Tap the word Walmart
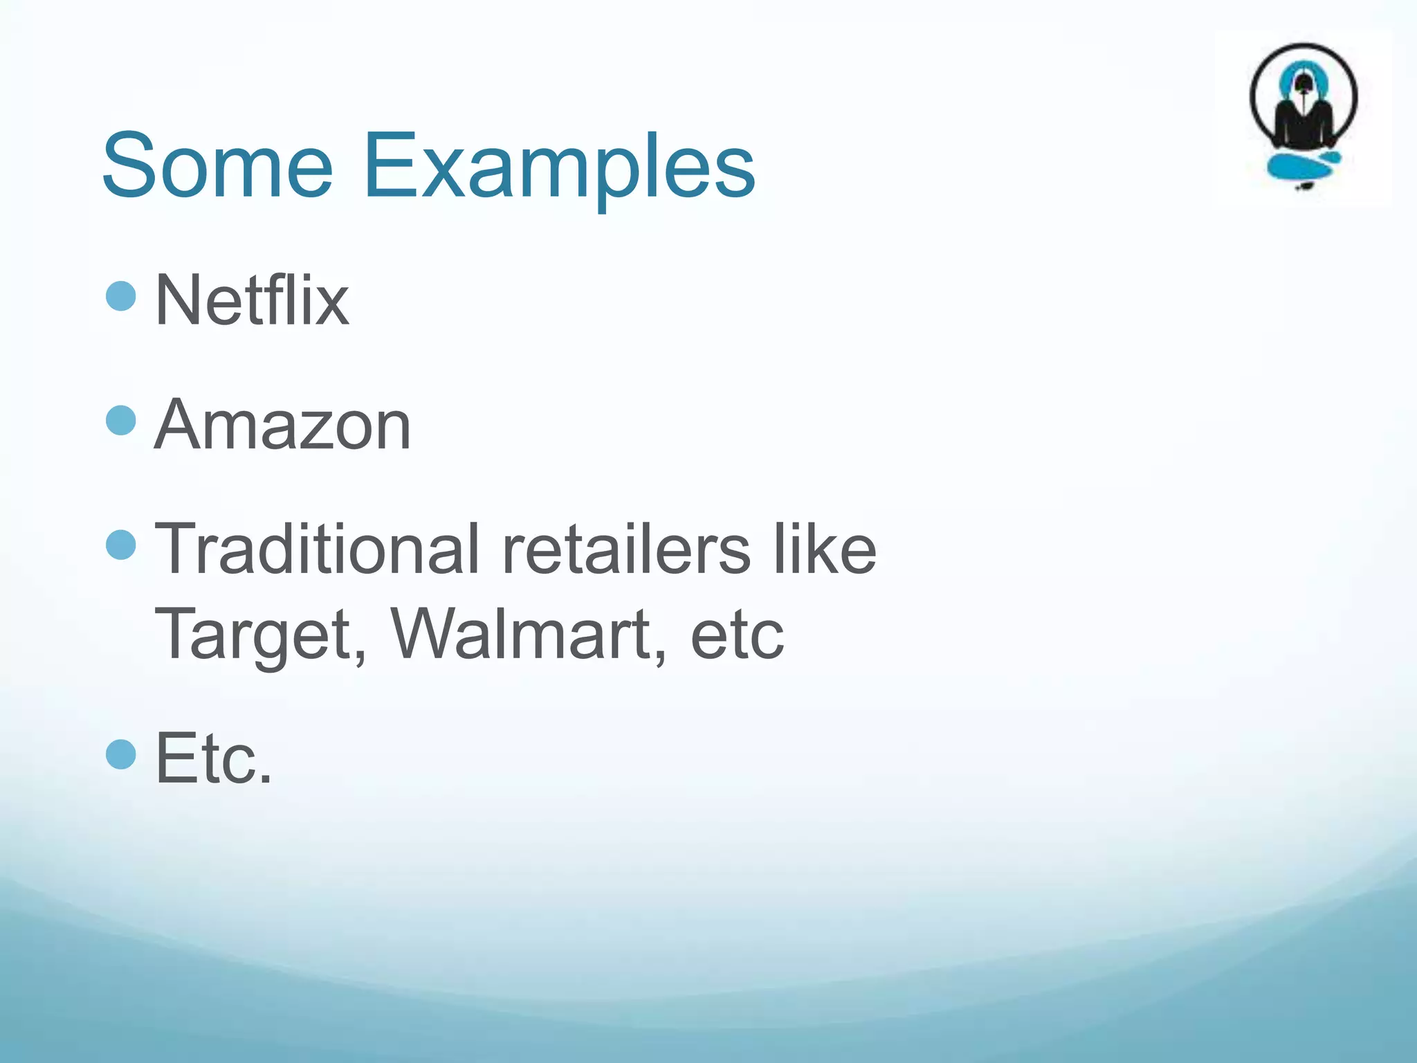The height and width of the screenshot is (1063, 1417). (522, 633)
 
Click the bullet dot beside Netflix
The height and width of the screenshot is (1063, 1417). (122, 296)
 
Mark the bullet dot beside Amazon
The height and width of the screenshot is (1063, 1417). (122, 421)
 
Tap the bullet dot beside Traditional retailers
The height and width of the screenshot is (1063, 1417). (122, 545)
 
